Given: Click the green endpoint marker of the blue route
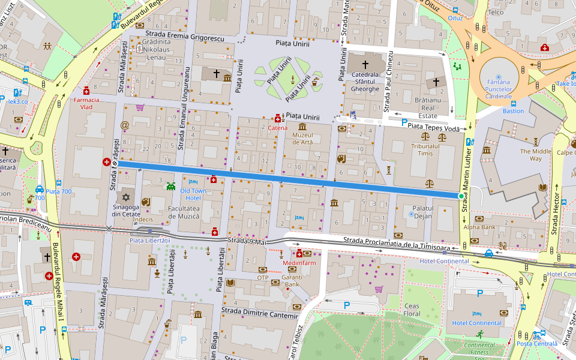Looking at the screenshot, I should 461,196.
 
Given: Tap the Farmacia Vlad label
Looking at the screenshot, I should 87,103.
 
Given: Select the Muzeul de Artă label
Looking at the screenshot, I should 302,139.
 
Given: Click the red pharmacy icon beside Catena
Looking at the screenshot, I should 277,118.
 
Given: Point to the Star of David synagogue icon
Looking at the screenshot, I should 127,197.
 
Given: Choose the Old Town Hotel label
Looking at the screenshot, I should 193,194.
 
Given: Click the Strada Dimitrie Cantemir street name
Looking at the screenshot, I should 259,313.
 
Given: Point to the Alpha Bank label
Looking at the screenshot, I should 480,227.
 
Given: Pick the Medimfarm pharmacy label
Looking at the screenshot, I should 299,263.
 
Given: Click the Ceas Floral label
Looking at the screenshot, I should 412,310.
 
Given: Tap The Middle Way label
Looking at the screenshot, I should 535,155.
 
